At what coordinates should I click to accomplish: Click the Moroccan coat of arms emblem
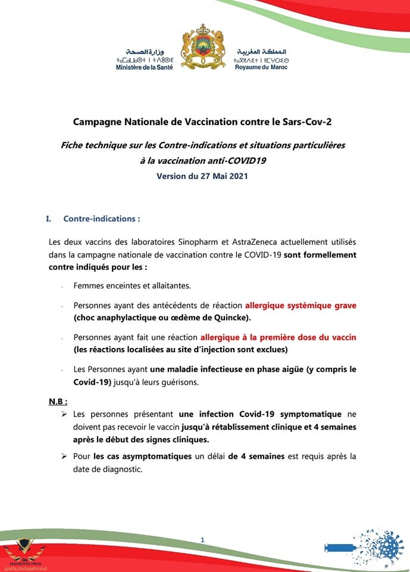pyautogui.click(x=205, y=48)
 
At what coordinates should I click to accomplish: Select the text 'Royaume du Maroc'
pyautogui.click(x=261, y=67)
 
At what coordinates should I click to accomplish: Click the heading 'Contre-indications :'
pyautogui.click(x=102, y=219)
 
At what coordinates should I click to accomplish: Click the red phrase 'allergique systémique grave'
pyautogui.click(x=301, y=305)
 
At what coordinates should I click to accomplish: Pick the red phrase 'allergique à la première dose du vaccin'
pyautogui.click(x=278, y=337)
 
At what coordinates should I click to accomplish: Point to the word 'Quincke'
pyautogui.click(x=230, y=316)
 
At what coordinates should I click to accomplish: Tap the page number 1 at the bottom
pyautogui.click(x=203, y=540)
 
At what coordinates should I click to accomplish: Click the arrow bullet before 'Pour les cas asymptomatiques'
pyautogui.click(x=64, y=456)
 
